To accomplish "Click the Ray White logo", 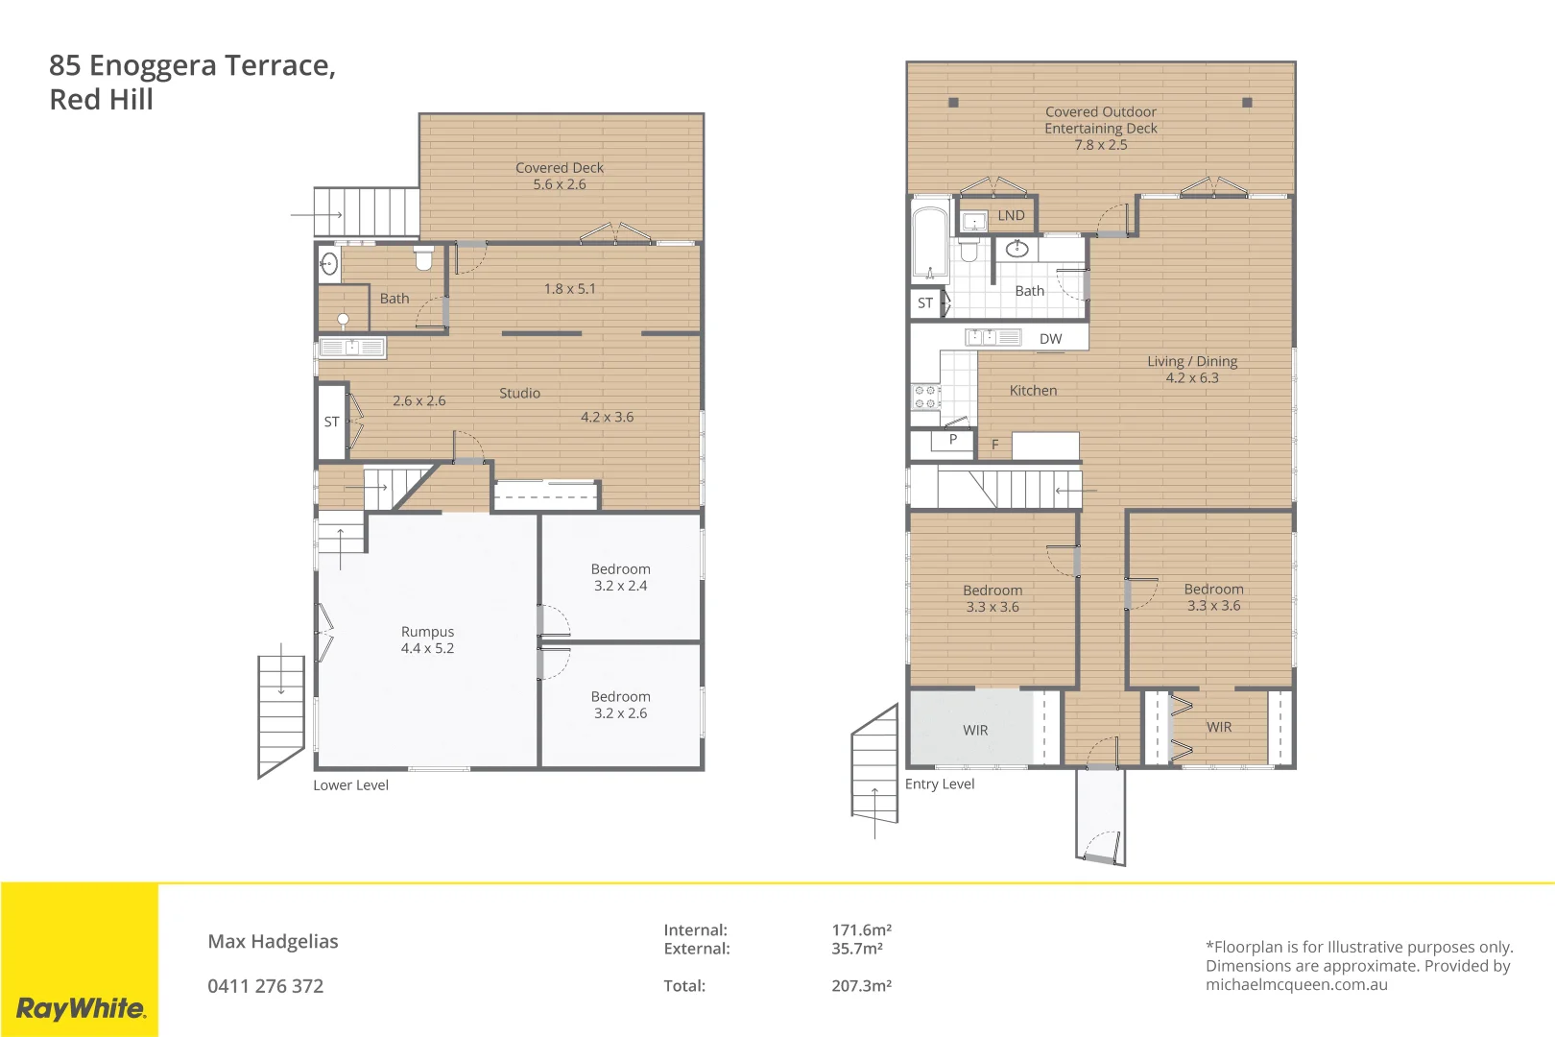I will coord(81,1008).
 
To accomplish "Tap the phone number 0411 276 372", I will coord(266,986).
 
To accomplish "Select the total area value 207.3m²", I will coord(861,986).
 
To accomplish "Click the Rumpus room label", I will coord(427,639).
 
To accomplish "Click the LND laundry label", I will coord(1011,215).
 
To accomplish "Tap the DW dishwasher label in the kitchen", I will coord(1050,338).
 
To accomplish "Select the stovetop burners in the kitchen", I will coord(925,398).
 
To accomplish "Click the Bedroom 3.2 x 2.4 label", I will coord(620,577).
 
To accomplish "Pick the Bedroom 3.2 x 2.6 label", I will coord(620,705).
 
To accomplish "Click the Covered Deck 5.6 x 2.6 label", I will coord(560,176).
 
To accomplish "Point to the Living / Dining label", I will coord(1192,369).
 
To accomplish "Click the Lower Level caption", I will coord(350,785).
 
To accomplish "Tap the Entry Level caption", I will coord(939,784).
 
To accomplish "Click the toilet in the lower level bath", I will coord(423,257).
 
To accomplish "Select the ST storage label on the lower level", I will coord(331,422).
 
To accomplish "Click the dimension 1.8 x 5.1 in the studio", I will coord(569,288).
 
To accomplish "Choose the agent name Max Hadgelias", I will coord(273,942).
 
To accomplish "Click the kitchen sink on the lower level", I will coord(352,348).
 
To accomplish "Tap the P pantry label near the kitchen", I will coord(952,440).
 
